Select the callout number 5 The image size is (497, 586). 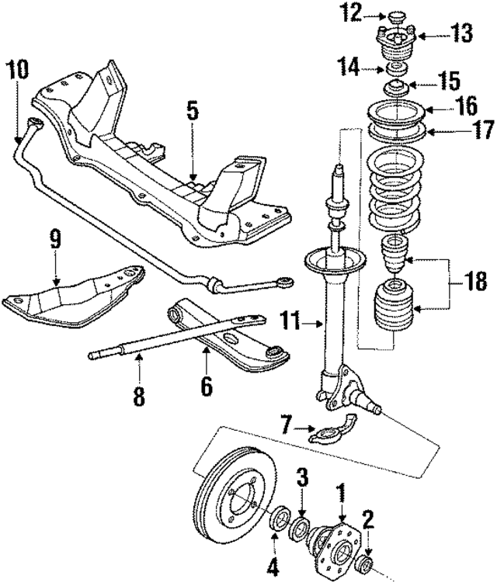tap(191, 110)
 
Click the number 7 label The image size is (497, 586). tap(288, 425)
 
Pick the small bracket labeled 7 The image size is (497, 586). tap(330, 433)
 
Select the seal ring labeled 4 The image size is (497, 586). tap(276, 519)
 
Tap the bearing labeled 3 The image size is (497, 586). tap(301, 529)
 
